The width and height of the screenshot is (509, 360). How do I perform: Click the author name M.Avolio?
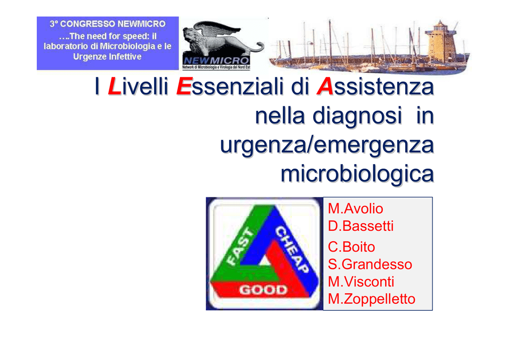click(x=355, y=209)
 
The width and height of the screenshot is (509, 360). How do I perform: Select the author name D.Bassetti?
click(x=361, y=226)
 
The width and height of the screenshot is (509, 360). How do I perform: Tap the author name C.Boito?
click(x=351, y=247)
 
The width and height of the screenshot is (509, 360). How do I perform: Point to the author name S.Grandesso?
click(x=370, y=264)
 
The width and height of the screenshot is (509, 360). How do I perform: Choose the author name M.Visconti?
click(x=361, y=281)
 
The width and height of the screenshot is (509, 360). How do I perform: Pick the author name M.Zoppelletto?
click(x=372, y=299)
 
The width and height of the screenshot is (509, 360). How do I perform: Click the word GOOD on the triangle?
click(x=263, y=289)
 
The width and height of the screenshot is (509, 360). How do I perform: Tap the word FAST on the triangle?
click(x=241, y=247)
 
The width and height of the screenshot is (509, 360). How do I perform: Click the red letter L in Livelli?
click(x=114, y=87)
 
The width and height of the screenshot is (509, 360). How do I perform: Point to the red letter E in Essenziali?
click(x=184, y=87)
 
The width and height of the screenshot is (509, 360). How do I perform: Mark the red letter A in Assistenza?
click(x=325, y=87)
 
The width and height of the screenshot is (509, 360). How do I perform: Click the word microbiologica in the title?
click(x=357, y=175)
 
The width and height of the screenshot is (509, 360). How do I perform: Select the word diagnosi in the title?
click(x=357, y=116)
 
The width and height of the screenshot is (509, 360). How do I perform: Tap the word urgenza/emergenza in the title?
click(x=327, y=145)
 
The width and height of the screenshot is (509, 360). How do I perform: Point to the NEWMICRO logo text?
click(x=216, y=61)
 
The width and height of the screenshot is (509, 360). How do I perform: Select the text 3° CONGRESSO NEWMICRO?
click(x=107, y=24)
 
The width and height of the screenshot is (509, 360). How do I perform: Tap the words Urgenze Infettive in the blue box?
click(x=107, y=57)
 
